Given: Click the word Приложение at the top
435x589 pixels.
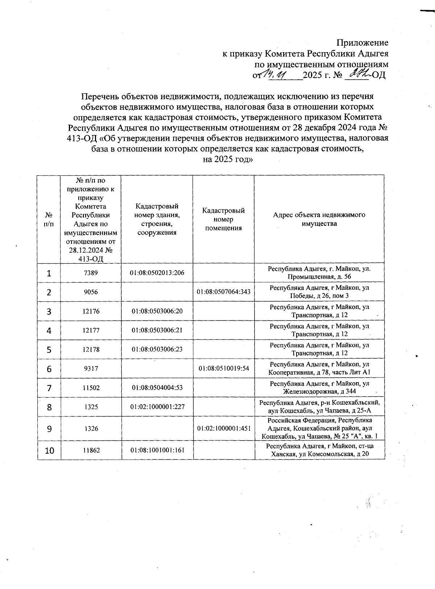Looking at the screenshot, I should tap(362, 43).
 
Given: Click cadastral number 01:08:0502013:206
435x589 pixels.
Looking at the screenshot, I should tap(157, 273).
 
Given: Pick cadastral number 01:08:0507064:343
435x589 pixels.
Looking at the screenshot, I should tap(224, 292).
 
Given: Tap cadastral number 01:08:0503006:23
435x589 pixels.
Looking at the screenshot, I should tap(157, 350).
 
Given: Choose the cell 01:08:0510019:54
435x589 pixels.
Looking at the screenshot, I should tap(224, 369).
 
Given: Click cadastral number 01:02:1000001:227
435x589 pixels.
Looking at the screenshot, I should tap(157, 407).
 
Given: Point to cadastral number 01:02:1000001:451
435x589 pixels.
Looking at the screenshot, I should tap(224, 429).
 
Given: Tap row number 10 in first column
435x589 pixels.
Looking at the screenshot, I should tap(49, 451).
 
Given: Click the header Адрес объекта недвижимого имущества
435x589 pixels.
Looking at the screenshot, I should tap(319, 219).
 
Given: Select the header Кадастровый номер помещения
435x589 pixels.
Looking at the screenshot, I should tap(223, 219).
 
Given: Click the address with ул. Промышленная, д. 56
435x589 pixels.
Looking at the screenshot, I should tap(319, 273).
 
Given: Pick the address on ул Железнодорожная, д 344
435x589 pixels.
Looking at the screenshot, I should tap(319, 388).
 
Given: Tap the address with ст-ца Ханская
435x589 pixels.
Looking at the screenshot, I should tap(319, 450).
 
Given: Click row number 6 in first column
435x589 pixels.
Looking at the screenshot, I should tap(49, 369).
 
